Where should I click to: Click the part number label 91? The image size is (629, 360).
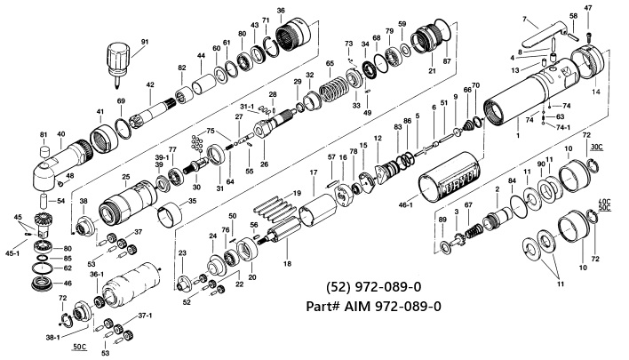pos(145,42)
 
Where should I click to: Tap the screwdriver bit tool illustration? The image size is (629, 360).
pos(118,65)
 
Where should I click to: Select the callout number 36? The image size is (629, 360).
pos(281,11)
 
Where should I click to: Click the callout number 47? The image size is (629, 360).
pos(588,8)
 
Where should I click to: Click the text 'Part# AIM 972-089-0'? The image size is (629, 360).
pos(373,306)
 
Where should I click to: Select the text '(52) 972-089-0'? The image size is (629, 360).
pos(373,287)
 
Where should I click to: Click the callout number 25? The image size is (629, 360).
pos(126,177)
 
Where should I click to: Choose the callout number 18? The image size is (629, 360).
pos(287,264)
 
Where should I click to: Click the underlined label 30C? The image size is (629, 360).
pos(597,148)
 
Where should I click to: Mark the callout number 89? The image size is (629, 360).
pos(442,220)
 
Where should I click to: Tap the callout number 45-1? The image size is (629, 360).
pos(12,252)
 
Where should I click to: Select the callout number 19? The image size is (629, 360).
pos(297,193)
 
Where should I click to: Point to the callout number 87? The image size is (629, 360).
pos(447,61)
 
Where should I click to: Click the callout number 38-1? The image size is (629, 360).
pos(52,338)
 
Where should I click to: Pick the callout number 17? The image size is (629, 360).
pos(314,172)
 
